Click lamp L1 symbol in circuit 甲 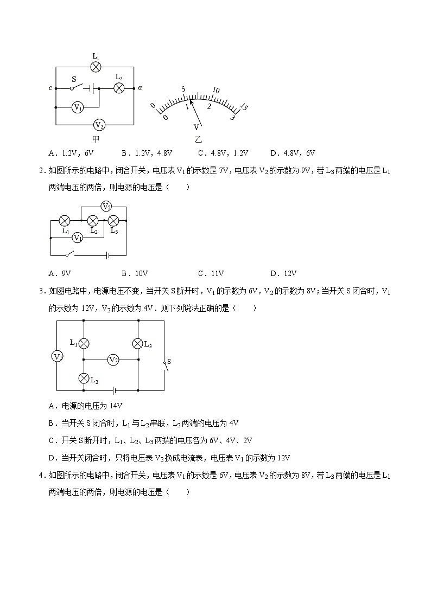click(x=96, y=67)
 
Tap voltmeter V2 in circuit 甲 click(x=99, y=125)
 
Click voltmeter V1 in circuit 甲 click(x=78, y=107)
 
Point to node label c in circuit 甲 click(x=50, y=88)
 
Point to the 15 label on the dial click(x=244, y=107)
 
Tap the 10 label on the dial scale click(x=216, y=90)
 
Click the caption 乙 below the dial click(x=198, y=139)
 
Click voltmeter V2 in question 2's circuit click(x=106, y=207)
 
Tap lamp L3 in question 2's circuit click(x=113, y=221)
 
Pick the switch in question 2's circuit click(x=69, y=254)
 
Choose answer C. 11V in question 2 click(x=211, y=273)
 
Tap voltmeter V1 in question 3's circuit click(x=57, y=356)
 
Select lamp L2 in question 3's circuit click(x=84, y=378)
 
